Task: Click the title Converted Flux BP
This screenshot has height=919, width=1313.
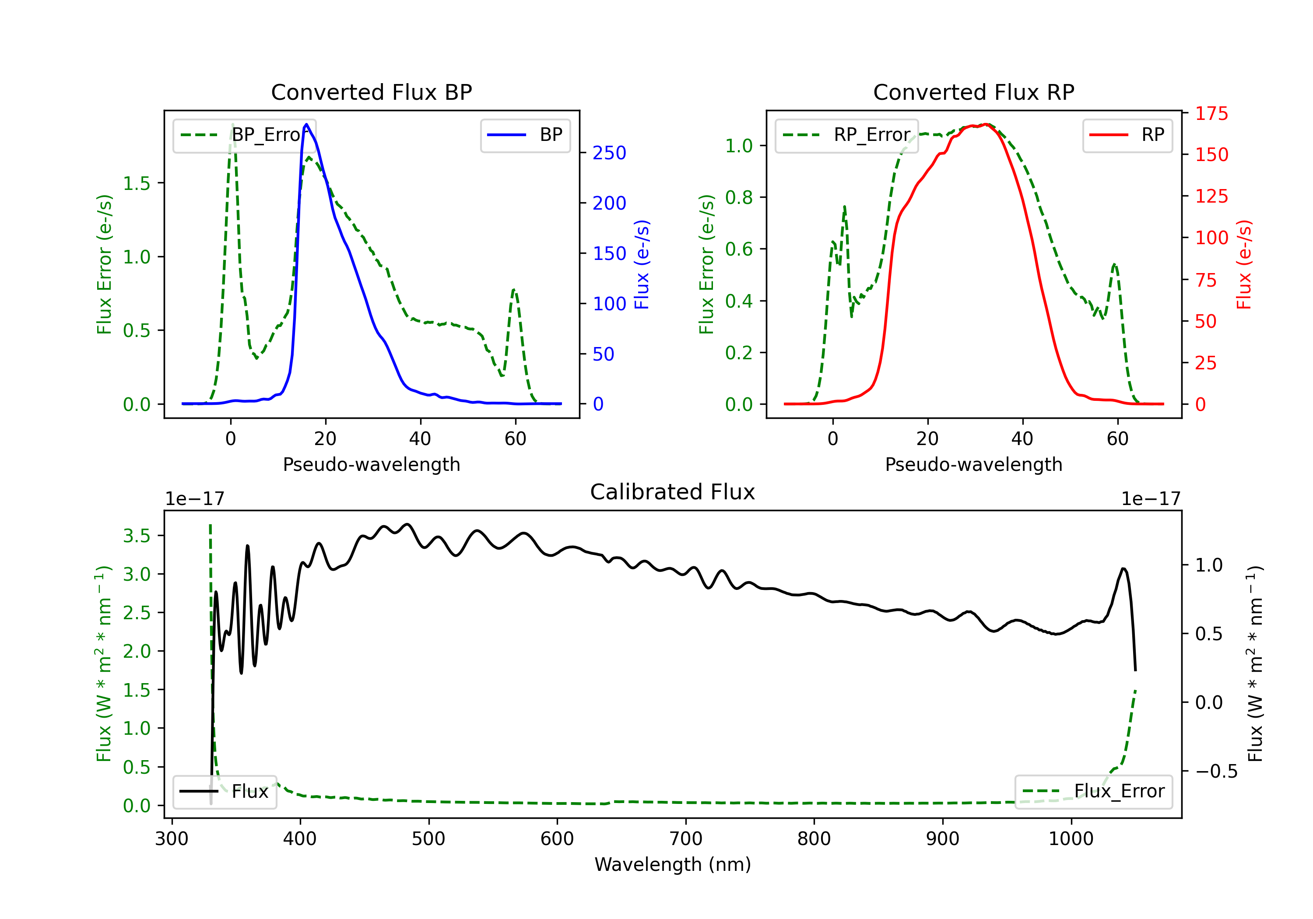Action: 371,92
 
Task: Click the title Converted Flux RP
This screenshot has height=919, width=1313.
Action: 973,92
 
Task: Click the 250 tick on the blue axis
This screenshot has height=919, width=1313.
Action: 609,153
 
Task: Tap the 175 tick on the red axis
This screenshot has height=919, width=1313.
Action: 1211,114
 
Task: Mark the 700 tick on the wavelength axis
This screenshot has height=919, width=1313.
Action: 686,838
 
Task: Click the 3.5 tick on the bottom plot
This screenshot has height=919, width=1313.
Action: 137,536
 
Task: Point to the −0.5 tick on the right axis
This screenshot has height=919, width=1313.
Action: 1216,772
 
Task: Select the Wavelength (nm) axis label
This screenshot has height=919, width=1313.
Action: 673,864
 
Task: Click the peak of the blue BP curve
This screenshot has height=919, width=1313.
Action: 306,124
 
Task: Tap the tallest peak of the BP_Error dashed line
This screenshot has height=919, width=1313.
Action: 232,125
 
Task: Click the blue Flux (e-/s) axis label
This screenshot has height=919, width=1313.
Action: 642,265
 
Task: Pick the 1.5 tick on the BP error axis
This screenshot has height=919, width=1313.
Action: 137,183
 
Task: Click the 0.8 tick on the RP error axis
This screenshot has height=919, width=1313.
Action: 739,197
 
